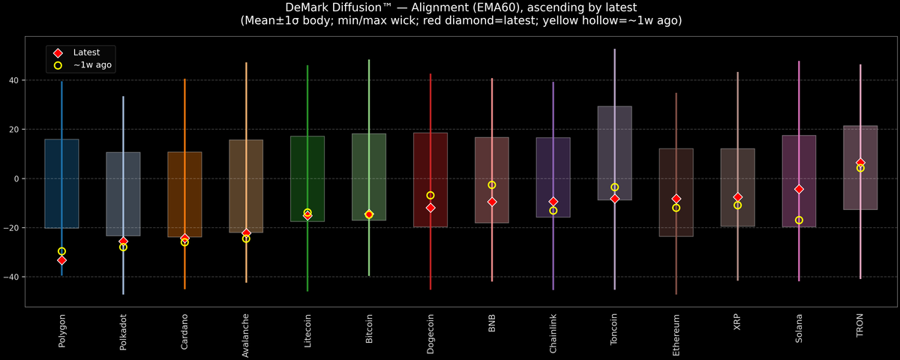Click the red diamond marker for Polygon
[x=61, y=260]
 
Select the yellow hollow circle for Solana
[x=799, y=220]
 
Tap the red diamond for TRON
[x=860, y=163]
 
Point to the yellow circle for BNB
[x=492, y=184]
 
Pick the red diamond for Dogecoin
[x=430, y=208]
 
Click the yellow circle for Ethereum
[x=676, y=208]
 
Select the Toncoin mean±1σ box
[x=615, y=153]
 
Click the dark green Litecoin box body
[x=307, y=178]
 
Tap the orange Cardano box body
[x=184, y=194]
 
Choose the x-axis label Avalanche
[x=245, y=335]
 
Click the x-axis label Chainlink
[x=553, y=334]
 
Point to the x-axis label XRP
[x=737, y=322]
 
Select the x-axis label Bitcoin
[x=369, y=328]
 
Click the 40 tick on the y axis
[x=14, y=80]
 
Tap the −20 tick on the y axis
[x=11, y=228]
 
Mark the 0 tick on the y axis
[x=16, y=178]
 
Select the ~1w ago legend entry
[x=82, y=65]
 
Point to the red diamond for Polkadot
[x=123, y=241]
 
